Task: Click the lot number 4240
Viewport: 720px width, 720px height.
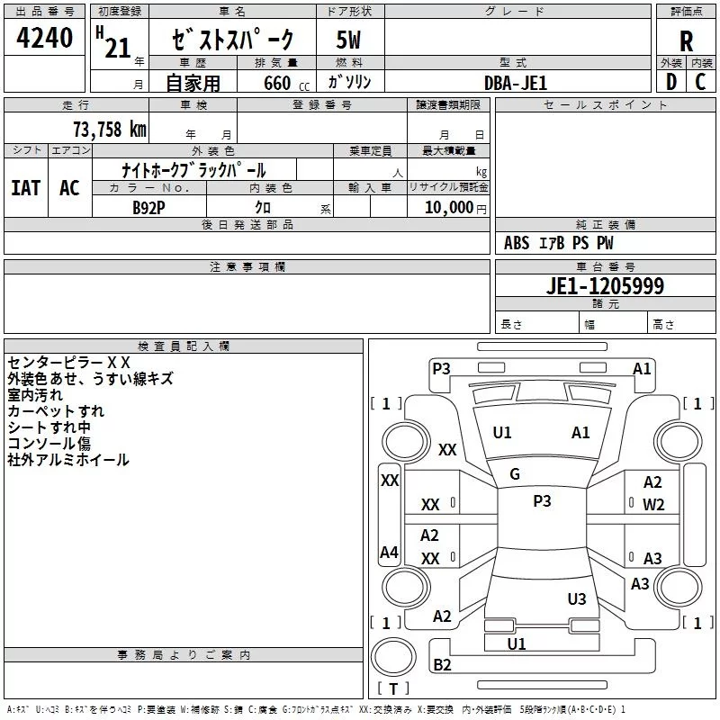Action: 44,38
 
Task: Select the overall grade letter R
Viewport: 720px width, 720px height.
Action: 686,41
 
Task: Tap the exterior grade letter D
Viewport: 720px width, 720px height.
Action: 671,82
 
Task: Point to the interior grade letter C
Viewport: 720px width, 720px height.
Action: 700,82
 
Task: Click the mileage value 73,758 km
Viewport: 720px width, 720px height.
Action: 110,130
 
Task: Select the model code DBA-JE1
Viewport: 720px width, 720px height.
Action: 516,83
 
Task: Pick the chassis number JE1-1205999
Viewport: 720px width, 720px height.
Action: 605,285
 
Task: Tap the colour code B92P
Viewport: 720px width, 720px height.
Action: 148,208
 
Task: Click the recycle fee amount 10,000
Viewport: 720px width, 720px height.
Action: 448,207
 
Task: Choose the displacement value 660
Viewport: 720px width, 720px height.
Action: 277,83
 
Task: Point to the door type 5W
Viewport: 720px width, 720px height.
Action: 348,40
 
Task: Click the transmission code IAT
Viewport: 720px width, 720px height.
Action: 26,188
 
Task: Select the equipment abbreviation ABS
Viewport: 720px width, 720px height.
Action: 517,243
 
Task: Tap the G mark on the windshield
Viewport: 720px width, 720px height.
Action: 515,474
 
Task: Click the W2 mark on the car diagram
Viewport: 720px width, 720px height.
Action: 653,505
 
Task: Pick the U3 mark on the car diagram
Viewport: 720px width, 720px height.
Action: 577,598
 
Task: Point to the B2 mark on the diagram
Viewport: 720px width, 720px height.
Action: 442,664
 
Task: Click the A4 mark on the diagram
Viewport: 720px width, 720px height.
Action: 389,552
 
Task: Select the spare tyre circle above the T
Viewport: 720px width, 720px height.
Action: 393,657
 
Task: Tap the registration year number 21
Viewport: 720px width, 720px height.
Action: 118,48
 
